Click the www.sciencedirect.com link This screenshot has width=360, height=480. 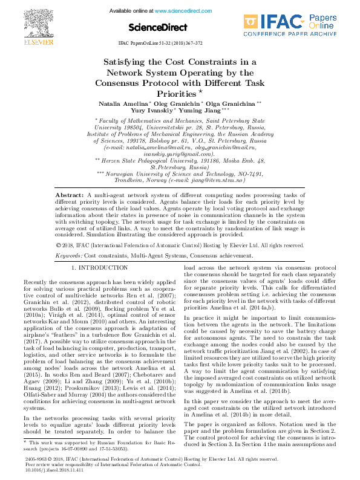pyautogui.click(x=180, y=11)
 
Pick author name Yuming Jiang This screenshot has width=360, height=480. pyautogui.click(x=200, y=111)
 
